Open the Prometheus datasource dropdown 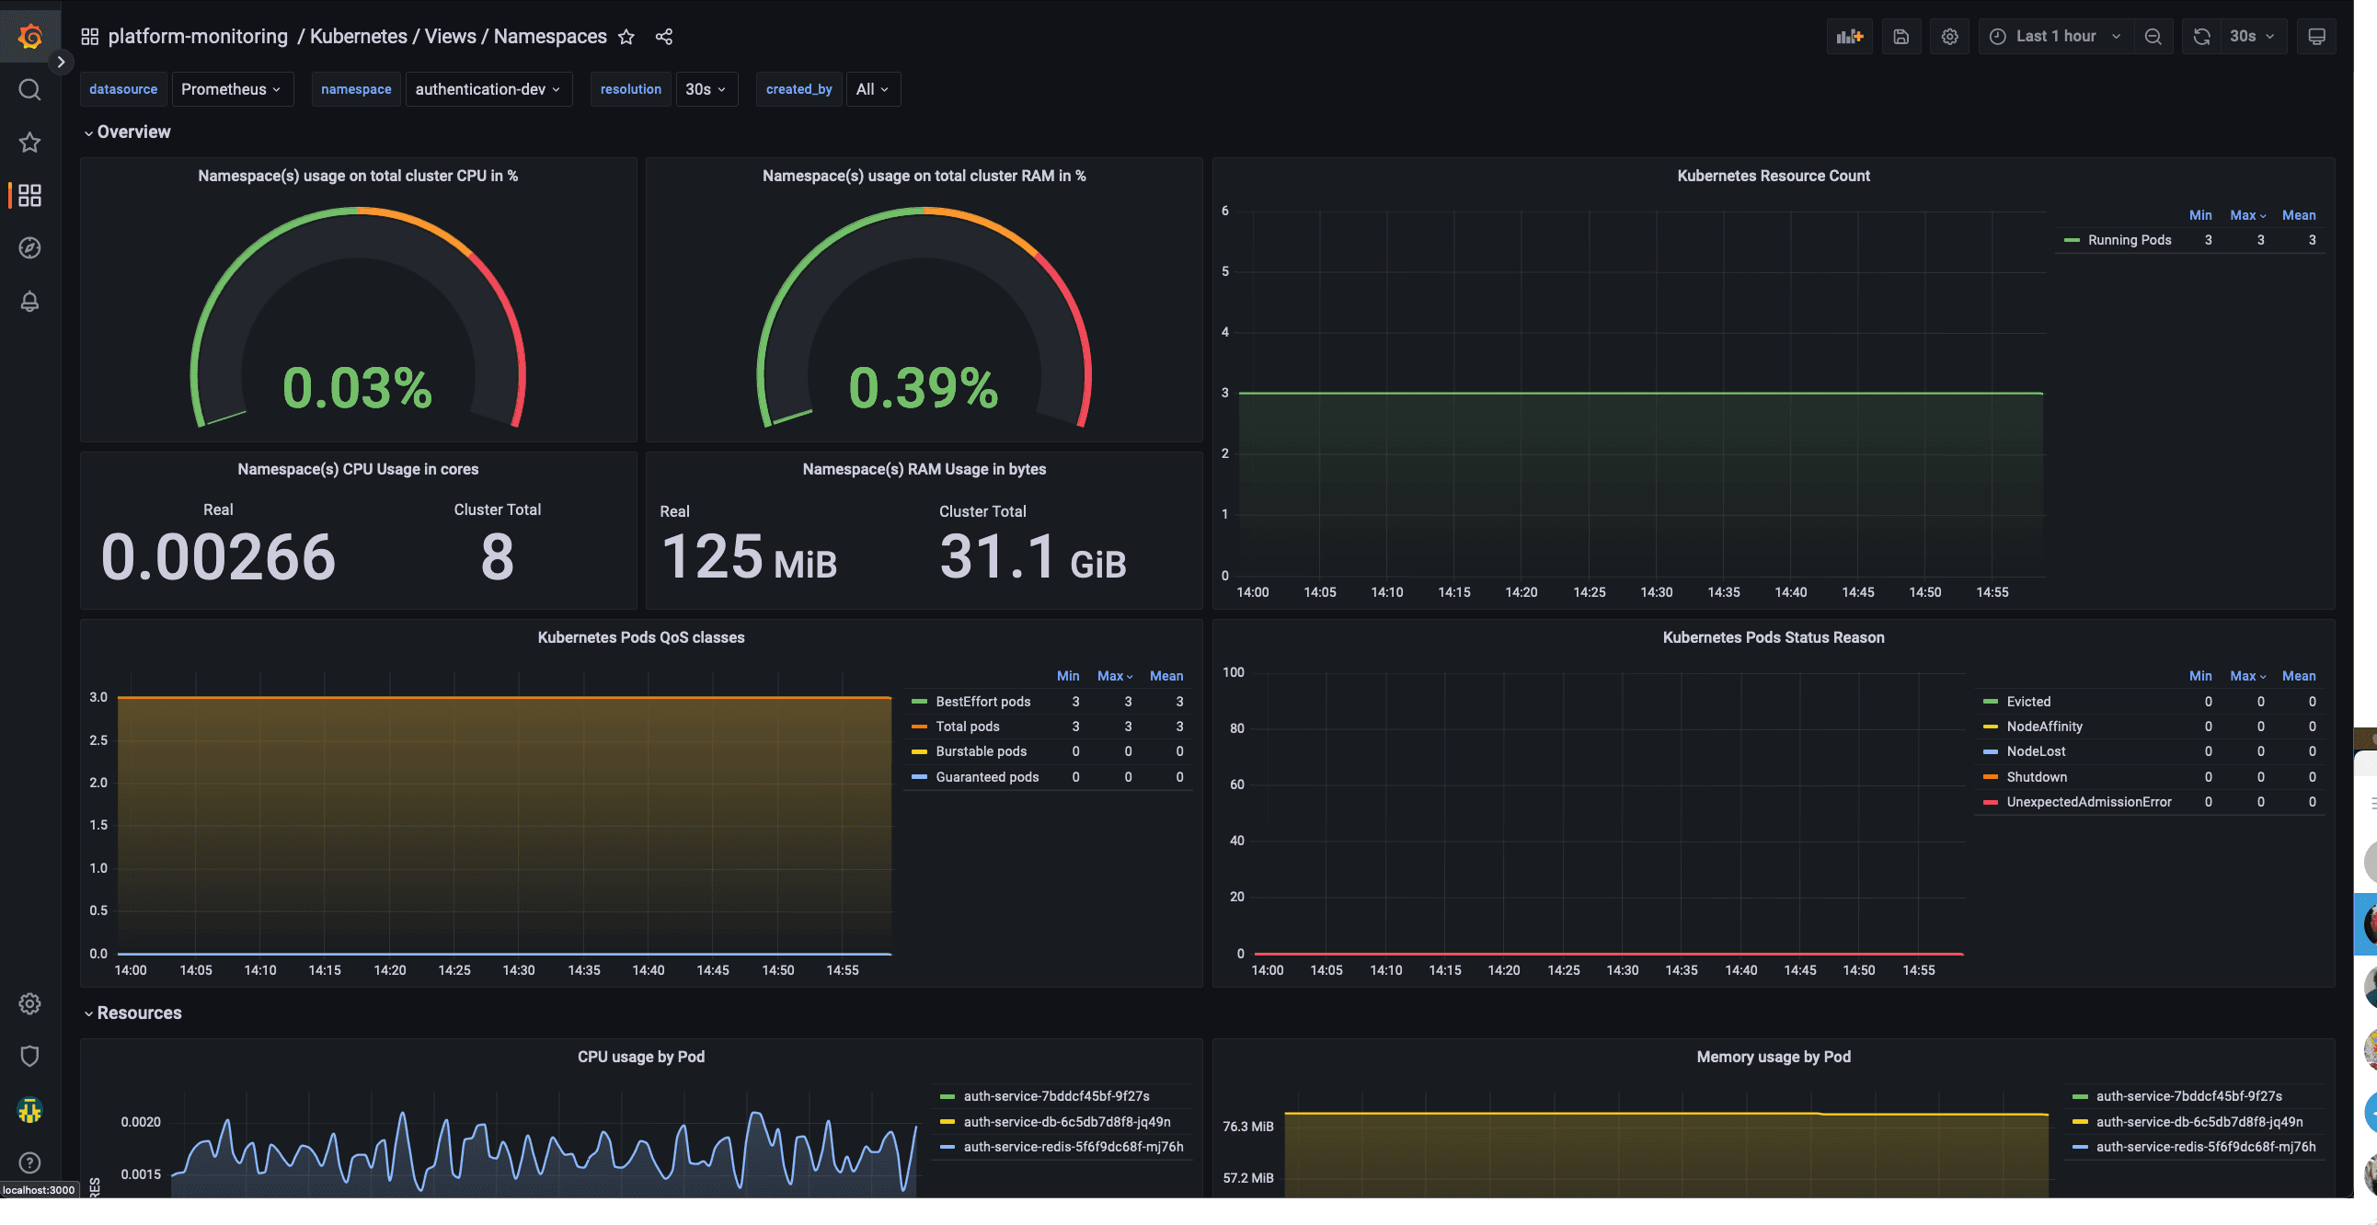pos(231,89)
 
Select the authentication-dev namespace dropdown pos(488,89)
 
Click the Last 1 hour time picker pos(2055,36)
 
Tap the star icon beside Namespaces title pos(626,37)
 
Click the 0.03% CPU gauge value pos(357,387)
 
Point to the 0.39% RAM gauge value pos(923,387)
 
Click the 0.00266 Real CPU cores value pos(218,557)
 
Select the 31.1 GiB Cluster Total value pos(1032,557)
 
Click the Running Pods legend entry pos(2129,240)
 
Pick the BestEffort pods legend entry pos(982,702)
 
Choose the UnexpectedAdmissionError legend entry pos(2088,803)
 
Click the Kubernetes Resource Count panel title pos(1773,176)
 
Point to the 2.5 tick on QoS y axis pos(98,740)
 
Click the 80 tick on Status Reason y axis pos(1235,728)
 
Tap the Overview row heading pos(133,132)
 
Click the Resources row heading pos(139,1013)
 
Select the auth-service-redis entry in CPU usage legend pos(1073,1148)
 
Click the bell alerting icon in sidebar pos(29,302)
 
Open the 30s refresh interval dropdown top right pos(2252,36)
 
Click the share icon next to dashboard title pos(663,37)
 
